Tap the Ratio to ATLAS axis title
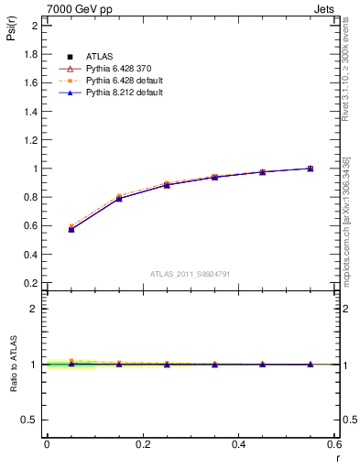point(13,366)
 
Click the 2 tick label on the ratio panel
point(34,309)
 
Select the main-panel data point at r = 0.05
point(71,229)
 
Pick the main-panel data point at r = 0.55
point(311,169)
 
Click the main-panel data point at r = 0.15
point(119,198)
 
